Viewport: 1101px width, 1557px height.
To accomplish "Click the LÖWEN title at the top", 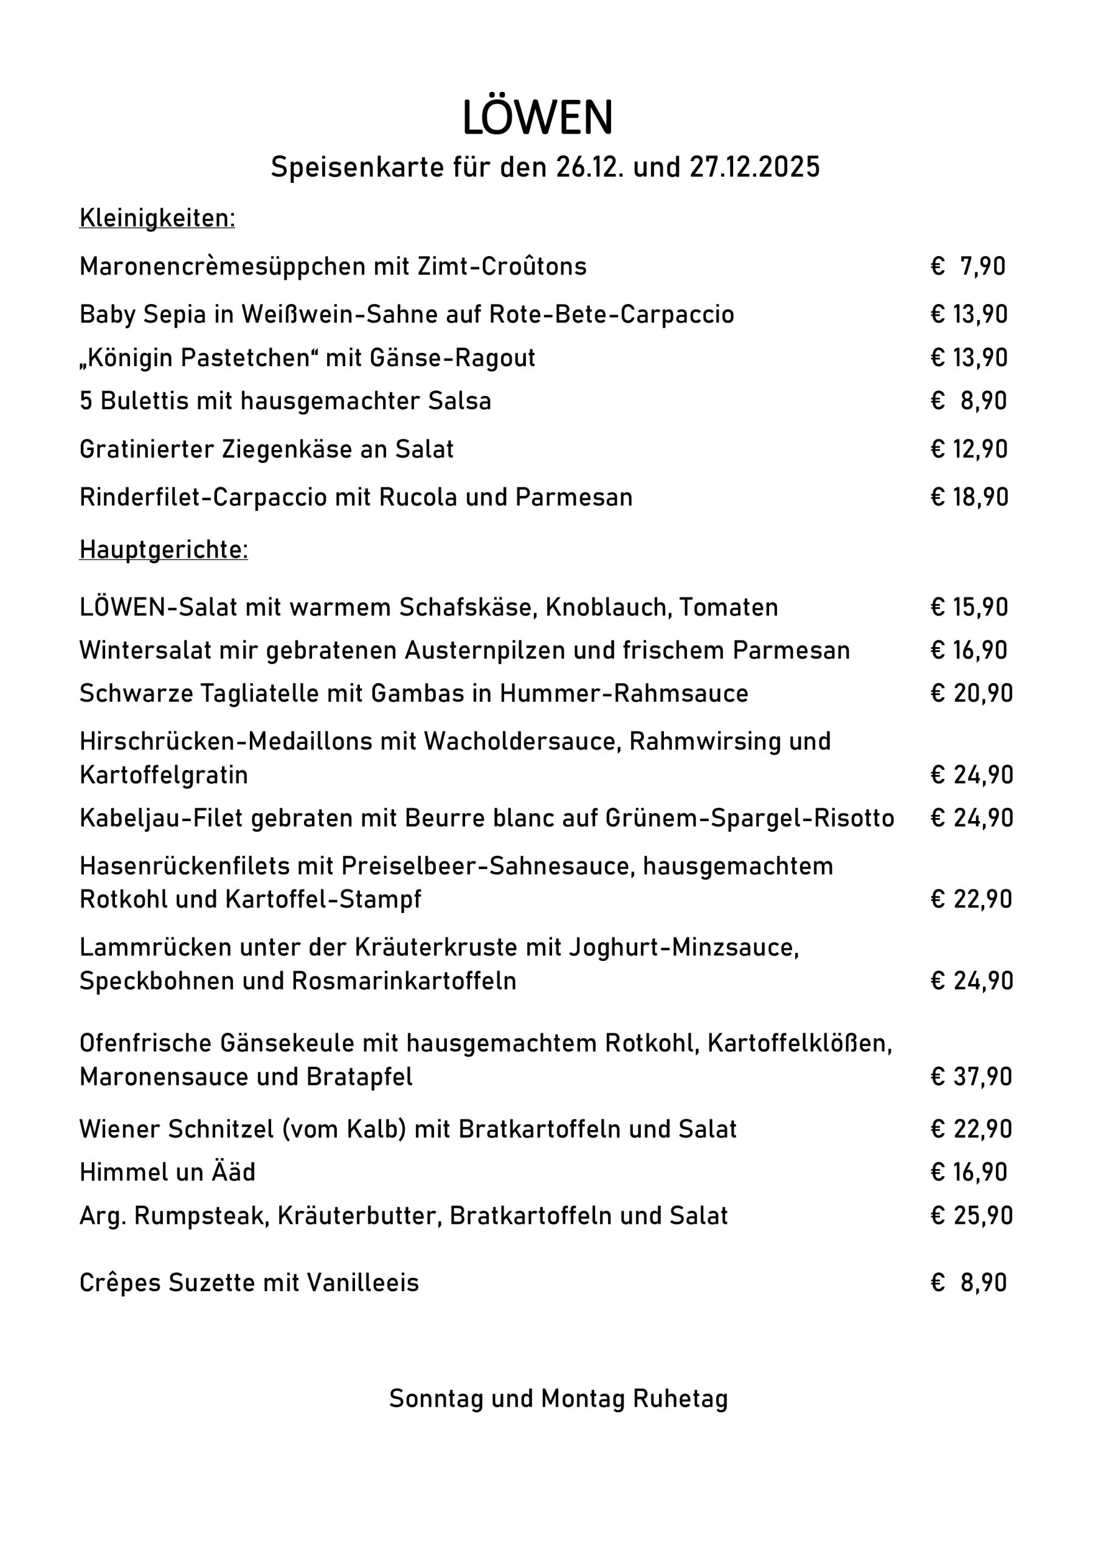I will [x=537, y=118].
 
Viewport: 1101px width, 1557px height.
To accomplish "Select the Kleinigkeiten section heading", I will [x=157, y=218].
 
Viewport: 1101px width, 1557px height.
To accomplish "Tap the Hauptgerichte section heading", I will [x=164, y=550].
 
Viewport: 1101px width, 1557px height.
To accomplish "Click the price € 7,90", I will [x=968, y=266].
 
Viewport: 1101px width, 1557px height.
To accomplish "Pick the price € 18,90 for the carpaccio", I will [x=970, y=498].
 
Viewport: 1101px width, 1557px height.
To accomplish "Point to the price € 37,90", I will [x=971, y=1077].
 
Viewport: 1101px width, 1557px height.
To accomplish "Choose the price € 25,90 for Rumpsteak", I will [x=972, y=1216].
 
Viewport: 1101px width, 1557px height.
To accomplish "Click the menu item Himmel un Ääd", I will [x=167, y=1173].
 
